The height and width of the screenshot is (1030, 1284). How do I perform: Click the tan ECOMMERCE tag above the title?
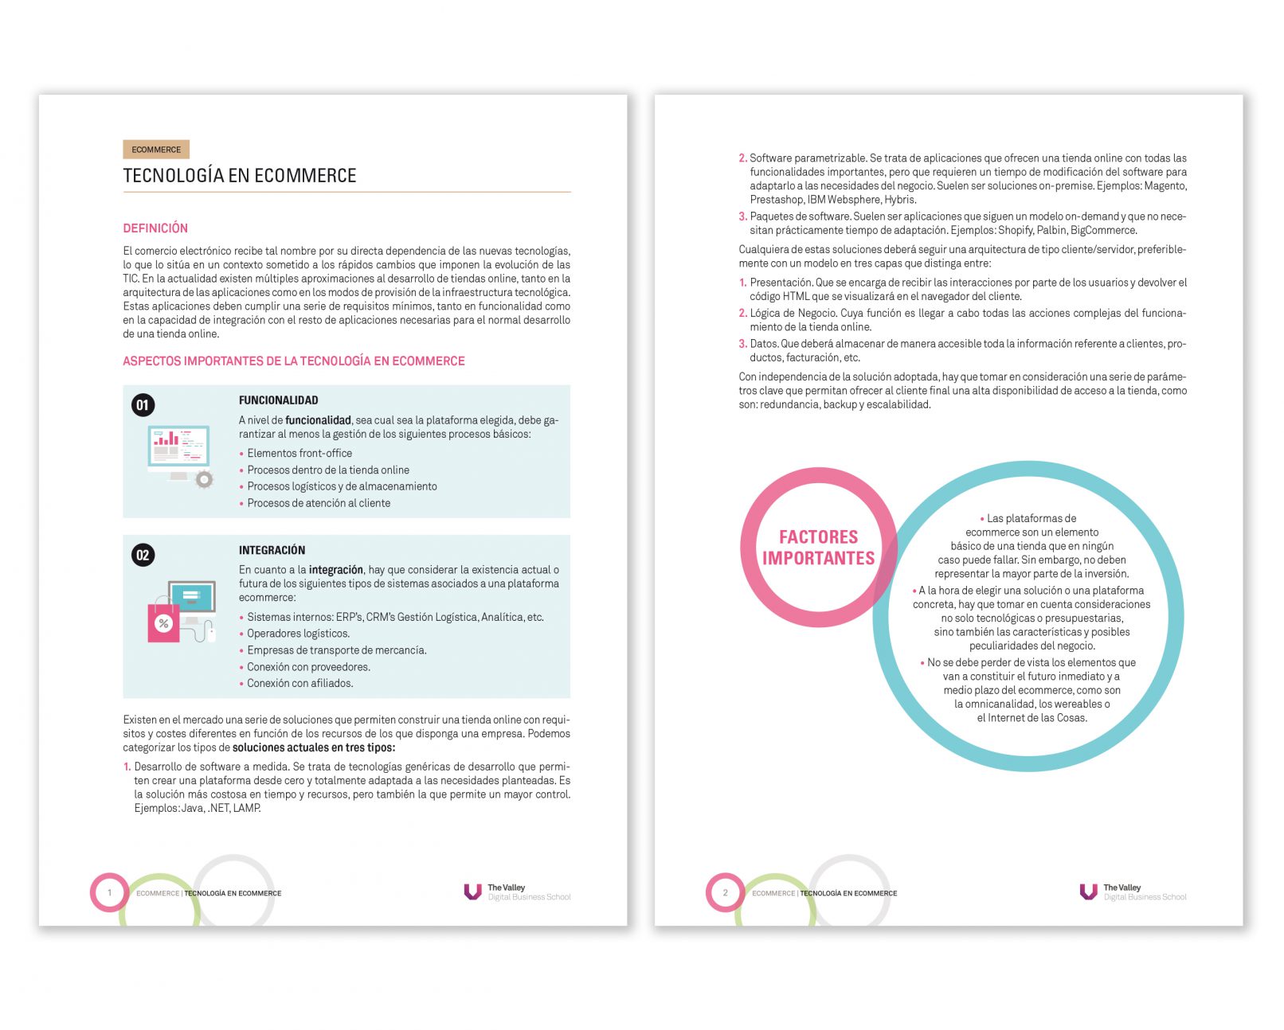(x=156, y=150)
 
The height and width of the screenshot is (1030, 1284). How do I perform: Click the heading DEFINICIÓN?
(x=155, y=228)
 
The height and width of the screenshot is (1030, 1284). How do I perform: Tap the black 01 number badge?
(x=143, y=405)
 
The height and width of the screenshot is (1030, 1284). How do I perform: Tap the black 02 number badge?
(x=143, y=555)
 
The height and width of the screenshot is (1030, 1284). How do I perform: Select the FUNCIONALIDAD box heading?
(x=278, y=400)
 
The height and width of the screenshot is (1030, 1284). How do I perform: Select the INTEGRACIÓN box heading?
(x=272, y=550)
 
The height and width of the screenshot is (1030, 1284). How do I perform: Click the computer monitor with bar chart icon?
(x=178, y=450)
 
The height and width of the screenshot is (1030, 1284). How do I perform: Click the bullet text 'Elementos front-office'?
(x=299, y=454)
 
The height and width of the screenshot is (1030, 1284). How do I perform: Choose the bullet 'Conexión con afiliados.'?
(x=299, y=684)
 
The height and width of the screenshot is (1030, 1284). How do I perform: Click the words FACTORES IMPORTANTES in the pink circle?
(x=818, y=548)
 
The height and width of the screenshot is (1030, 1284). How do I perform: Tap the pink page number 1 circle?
(x=109, y=892)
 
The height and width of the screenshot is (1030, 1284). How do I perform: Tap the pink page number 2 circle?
(x=725, y=892)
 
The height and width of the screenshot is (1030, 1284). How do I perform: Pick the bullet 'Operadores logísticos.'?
(x=298, y=634)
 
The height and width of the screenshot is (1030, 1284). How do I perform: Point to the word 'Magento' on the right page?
(x=1165, y=186)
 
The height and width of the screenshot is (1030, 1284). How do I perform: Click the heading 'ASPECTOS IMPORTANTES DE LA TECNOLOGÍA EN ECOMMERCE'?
(x=293, y=361)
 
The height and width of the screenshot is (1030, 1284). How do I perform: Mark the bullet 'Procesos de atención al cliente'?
(x=319, y=503)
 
